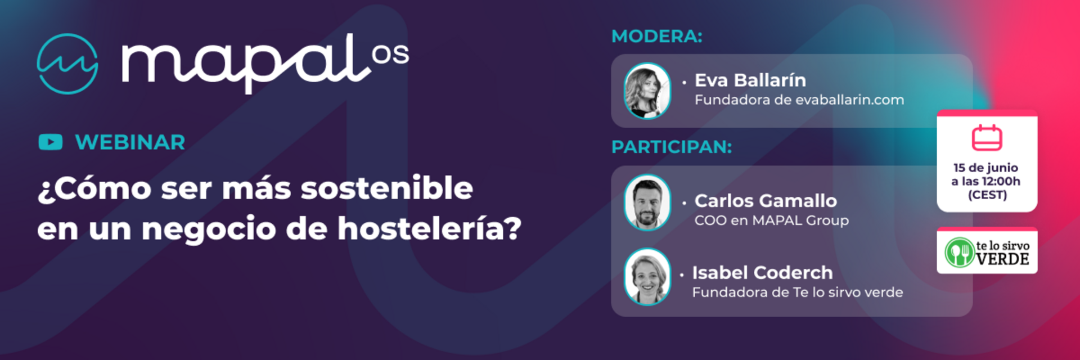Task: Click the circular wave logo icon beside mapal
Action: coord(67,64)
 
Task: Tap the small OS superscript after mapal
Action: coord(390,55)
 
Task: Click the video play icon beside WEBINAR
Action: coord(51,142)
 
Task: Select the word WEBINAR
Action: coord(130,142)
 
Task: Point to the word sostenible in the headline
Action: coord(387,188)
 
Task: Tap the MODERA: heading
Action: coord(657,36)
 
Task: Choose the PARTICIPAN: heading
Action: coord(672,147)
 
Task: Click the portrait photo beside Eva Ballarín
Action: coord(647,91)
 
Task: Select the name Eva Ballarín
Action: coord(750,80)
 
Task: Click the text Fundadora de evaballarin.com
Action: coord(799,100)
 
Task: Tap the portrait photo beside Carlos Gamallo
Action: coord(647,202)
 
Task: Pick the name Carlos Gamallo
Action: coord(766,201)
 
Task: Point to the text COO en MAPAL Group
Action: coord(772,220)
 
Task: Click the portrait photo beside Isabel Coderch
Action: coord(647,277)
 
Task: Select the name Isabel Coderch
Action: coord(762,273)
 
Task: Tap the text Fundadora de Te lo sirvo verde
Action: coord(798,292)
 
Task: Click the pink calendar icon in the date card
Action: coord(987,138)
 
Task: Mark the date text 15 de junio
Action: coord(985,168)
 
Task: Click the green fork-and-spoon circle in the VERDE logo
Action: coord(960,252)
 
